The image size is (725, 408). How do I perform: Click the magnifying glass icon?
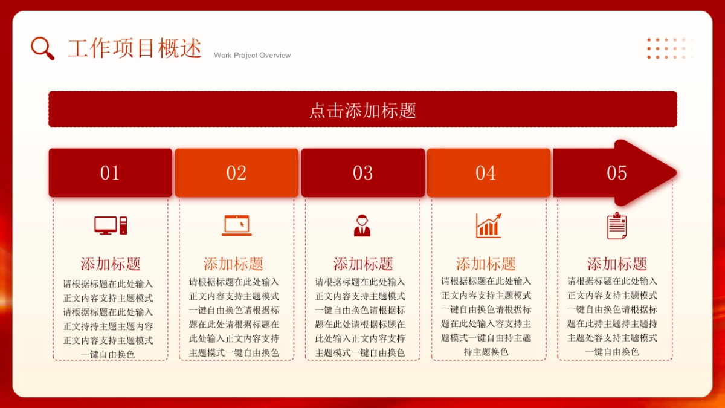42,48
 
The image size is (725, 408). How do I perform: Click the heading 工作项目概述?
134,48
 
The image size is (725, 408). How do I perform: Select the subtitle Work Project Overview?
252,55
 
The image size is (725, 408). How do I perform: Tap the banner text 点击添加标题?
362,110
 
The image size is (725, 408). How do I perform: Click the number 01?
110,173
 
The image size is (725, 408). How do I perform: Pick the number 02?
236,173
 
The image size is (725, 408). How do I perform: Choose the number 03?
362,173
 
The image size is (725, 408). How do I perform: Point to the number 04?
486,173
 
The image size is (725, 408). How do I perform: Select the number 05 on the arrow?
616,173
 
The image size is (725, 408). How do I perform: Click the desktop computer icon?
111,225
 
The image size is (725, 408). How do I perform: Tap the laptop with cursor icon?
237,225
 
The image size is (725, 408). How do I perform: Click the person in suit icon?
362,225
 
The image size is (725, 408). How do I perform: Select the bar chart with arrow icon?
488,225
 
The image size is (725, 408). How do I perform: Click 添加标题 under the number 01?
111,264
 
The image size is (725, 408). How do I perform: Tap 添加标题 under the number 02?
233,264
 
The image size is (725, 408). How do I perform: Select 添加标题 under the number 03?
363,264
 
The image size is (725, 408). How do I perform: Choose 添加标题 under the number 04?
486,264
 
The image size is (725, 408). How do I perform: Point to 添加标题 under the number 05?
617,264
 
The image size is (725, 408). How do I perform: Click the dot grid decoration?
669,48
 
